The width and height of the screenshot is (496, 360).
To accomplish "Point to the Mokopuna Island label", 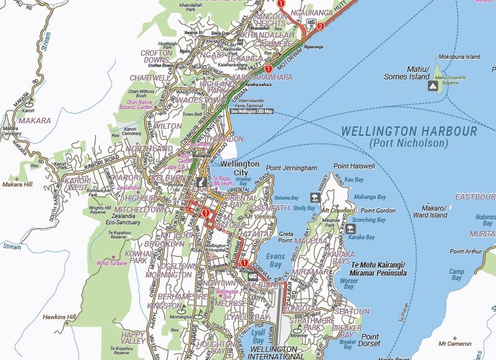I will tap(459, 56).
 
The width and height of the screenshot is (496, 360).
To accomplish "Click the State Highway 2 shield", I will tap(320, 26).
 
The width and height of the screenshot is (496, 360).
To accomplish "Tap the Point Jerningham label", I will tap(291, 168).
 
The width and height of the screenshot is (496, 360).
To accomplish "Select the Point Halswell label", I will tap(354, 166).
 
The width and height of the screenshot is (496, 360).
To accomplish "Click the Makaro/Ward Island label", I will tap(430, 211).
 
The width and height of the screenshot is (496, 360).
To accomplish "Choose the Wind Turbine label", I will tap(112, 263).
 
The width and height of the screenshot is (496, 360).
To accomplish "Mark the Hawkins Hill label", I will tap(59, 317).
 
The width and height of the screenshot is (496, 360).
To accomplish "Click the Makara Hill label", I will tap(17, 185).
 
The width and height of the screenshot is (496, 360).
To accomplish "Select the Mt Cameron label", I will tap(455, 343).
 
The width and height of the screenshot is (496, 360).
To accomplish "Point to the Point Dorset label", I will tap(370, 340).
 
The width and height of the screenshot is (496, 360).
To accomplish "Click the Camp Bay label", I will tap(456, 274).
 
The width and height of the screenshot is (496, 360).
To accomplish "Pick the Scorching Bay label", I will tap(368, 219).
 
